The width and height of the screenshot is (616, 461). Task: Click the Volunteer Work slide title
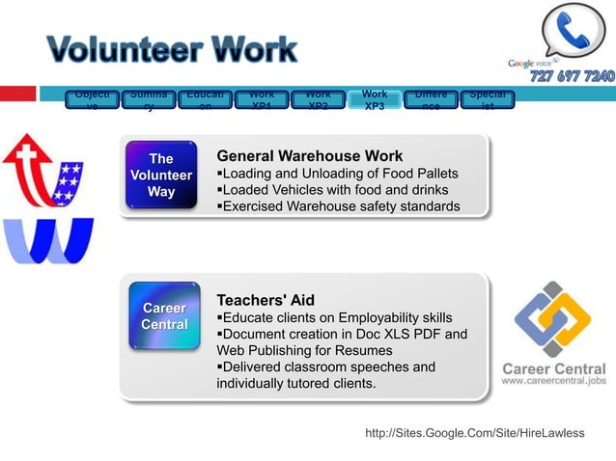point(172,49)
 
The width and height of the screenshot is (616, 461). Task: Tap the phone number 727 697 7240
point(571,77)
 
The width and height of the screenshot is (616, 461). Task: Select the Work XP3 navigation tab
point(374,99)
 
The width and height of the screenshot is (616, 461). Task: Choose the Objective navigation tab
point(94,99)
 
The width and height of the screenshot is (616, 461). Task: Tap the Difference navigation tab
point(430,99)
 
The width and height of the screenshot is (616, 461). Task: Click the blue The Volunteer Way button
point(161,176)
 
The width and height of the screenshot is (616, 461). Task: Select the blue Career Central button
point(164,316)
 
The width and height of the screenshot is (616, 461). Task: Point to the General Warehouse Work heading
point(309,156)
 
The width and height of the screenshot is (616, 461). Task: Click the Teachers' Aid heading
point(266,300)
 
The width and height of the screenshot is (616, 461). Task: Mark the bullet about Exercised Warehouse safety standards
point(338,206)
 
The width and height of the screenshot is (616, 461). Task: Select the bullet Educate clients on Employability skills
point(334,317)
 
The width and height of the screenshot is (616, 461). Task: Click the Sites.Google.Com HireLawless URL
point(474,433)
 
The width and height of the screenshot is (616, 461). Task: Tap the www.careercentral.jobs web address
point(553,381)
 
